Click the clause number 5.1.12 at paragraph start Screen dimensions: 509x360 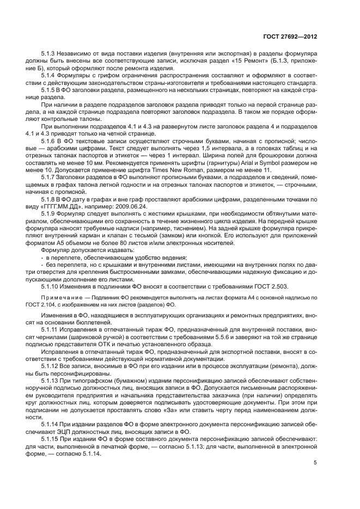(51, 367)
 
